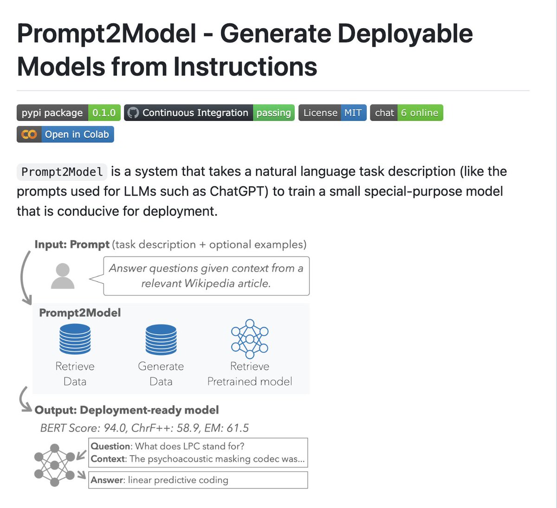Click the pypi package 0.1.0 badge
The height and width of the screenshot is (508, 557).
click(69, 113)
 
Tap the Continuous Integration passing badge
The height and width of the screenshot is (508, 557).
click(209, 113)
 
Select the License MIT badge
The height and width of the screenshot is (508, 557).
click(332, 113)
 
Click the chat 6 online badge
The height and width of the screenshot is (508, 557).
click(406, 113)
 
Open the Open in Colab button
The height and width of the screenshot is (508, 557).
click(65, 134)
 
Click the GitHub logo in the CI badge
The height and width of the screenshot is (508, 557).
click(133, 113)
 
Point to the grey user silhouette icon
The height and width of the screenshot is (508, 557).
click(62, 276)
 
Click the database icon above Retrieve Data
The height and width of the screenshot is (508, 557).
click(75, 339)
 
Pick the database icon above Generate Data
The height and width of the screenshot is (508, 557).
click(161, 339)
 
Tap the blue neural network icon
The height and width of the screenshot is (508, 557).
click(250, 338)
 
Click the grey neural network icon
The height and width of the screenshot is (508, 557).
click(54, 465)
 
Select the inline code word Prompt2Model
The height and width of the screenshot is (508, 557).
click(62, 172)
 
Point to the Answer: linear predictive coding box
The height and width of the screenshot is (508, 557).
click(198, 480)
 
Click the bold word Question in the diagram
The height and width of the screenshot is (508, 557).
click(111, 446)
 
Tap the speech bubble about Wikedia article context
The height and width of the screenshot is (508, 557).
click(206, 276)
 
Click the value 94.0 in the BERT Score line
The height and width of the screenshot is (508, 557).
click(115, 428)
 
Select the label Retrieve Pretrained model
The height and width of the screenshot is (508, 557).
click(250, 374)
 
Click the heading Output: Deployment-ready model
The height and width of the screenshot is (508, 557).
click(126, 410)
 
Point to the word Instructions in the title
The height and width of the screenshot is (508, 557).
click(246, 66)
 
